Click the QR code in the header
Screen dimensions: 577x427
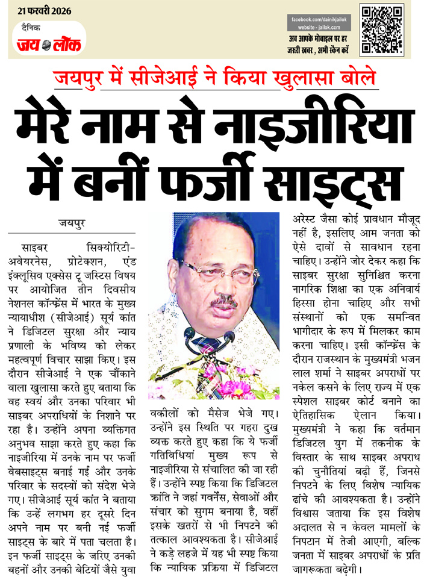[381, 29]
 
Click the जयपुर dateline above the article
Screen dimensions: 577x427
[71, 223]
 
